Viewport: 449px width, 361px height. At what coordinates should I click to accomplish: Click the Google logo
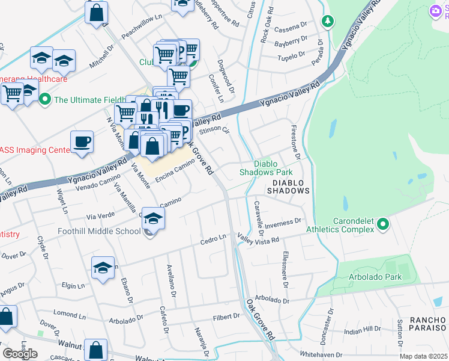[20, 354]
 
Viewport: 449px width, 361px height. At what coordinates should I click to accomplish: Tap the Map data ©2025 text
[423, 356]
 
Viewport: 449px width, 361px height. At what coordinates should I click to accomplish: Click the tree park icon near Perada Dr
[327, 22]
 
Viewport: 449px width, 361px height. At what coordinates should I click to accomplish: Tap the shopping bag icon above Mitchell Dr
[96, 12]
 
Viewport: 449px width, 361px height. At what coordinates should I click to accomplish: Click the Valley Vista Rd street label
[258, 238]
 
